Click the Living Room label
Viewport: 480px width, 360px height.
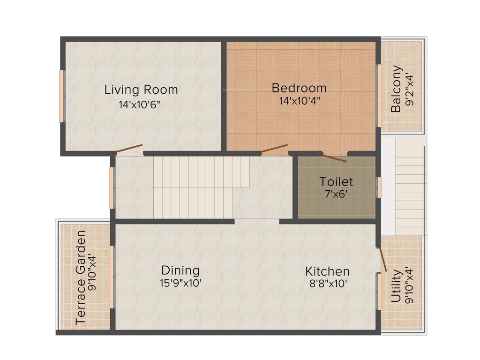click(141, 89)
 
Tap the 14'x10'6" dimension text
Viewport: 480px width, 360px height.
click(140, 105)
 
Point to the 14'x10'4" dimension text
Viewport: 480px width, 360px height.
click(299, 100)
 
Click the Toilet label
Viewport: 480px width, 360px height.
click(336, 181)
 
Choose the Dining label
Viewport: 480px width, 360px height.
click(180, 270)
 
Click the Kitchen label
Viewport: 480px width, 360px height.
click(327, 271)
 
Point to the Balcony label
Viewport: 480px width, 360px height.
click(397, 89)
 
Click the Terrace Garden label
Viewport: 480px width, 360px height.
click(81, 277)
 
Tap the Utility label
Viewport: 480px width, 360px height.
click(396, 285)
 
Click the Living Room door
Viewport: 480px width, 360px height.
click(129, 150)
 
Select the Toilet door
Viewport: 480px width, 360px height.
click(334, 157)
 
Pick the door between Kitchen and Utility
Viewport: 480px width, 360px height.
click(382, 260)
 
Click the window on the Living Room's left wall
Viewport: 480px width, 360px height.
click(61, 96)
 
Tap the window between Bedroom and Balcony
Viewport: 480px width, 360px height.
click(379, 96)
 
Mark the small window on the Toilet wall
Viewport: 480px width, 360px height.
click(380, 187)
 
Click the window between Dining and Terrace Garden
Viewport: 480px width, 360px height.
click(112, 277)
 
